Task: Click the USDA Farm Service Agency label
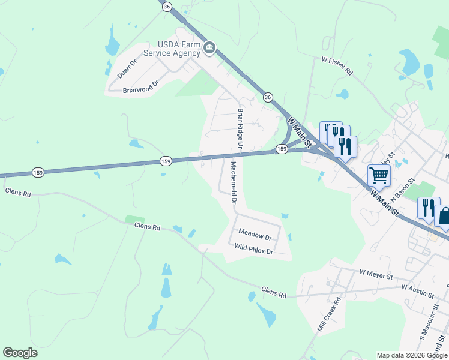179,48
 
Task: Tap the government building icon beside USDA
209,48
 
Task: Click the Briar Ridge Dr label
240,128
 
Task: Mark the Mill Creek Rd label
328,314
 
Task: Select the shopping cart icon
379,176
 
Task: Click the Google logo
20,353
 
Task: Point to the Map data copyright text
411,355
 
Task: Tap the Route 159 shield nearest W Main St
282,149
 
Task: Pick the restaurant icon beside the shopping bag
428,208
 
